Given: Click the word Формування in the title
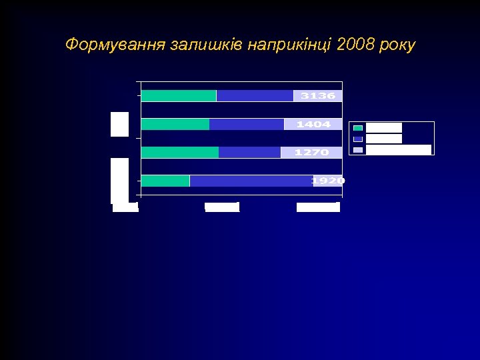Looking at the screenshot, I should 115,45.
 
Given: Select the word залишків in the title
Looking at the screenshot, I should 206,45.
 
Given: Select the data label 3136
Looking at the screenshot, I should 318,96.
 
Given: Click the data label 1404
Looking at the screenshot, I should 313,125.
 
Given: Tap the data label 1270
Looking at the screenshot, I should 311,153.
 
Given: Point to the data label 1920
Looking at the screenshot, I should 328,181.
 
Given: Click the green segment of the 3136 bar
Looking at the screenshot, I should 179,96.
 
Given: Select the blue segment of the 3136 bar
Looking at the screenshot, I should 255,96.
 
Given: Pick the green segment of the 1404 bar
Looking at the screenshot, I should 175,125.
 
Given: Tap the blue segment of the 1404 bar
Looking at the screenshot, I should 247,125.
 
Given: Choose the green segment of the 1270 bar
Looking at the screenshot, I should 180,153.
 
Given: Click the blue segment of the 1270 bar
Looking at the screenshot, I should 249,153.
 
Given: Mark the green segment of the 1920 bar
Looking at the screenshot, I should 165,181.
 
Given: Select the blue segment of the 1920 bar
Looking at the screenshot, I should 251,181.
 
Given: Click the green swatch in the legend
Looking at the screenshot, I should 358,128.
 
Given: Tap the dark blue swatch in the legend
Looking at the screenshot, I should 358,139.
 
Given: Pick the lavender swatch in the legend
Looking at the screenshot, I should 358,149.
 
